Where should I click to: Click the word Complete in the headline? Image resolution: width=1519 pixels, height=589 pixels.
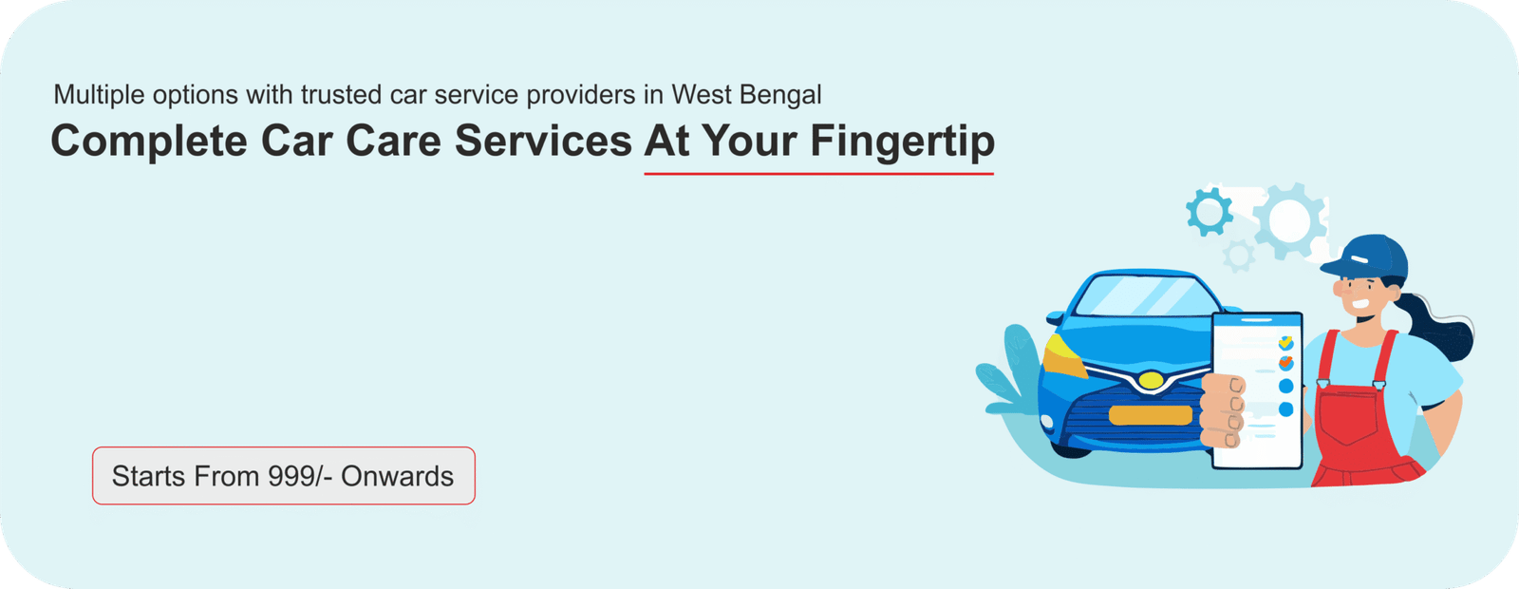[x=148, y=142]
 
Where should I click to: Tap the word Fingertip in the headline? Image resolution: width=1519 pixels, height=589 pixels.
[x=903, y=142]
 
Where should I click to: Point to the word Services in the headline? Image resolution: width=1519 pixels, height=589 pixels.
[x=543, y=142]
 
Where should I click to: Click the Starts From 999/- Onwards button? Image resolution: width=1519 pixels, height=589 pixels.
[x=284, y=476]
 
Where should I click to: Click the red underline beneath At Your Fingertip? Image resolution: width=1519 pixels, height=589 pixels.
[x=818, y=175]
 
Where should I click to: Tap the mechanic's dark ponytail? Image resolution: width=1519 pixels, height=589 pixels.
[x=1441, y=329]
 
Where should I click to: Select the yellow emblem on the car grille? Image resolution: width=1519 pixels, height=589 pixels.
[x=1151, y=380]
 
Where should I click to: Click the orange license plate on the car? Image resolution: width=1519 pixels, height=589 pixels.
[x=1150, y=415]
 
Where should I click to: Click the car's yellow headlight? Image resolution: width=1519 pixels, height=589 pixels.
[x=1062, y=356]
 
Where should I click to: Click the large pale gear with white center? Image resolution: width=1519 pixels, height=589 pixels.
[x=1289, y=220]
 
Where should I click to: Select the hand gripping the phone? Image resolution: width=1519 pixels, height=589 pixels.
[x=1224, y=411]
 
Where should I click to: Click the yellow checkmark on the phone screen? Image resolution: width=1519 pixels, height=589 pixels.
[x=1285, y=343]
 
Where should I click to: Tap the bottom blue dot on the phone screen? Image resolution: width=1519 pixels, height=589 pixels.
[x=1285, y=409]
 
